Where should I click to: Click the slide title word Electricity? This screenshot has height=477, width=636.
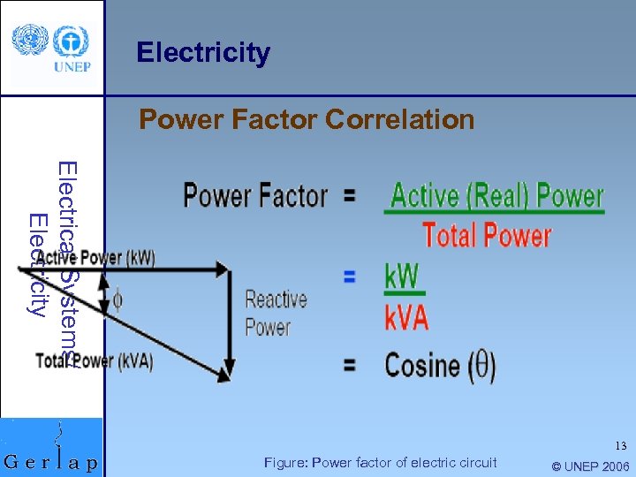203,53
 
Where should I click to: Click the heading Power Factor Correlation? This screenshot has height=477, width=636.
307,119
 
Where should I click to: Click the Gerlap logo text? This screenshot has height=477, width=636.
51,461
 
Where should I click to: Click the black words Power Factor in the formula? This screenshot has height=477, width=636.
255,195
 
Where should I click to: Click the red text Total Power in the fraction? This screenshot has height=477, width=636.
487,235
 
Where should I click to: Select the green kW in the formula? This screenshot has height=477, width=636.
402,276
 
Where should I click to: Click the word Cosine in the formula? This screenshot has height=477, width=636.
422,365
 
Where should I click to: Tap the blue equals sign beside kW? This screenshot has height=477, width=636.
350,276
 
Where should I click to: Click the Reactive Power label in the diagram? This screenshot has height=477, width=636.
276,313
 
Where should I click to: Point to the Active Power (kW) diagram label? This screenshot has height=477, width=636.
95,258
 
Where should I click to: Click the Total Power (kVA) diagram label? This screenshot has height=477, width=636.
95,361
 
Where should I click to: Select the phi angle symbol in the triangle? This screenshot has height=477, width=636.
117,300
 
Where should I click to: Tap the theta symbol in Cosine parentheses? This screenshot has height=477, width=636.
481,365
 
